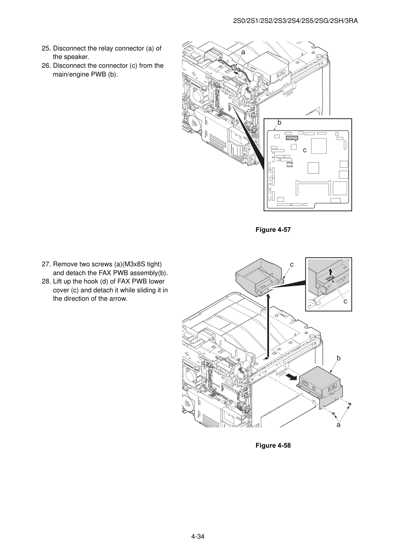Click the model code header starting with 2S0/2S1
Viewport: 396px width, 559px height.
click(295, 21)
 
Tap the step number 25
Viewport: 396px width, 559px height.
click(46, 49)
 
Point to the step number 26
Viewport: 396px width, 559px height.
click(46, 66)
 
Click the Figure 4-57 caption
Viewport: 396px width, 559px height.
click(273, 230)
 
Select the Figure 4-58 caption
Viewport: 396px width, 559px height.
click(273, 445)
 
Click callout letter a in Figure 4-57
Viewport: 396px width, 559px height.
click(243, 52)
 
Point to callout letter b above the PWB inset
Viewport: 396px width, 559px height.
click(279, 122)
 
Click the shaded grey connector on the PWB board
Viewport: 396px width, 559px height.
click(292, 138)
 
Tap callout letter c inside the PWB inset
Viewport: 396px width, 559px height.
click(305, 150)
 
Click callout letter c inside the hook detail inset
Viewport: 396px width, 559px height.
click(345, 302)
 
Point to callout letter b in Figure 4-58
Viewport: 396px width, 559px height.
click(339, 358)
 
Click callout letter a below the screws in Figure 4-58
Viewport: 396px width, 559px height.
click(338, 425)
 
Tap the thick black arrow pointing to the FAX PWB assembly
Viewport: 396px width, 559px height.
click(291, 377)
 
